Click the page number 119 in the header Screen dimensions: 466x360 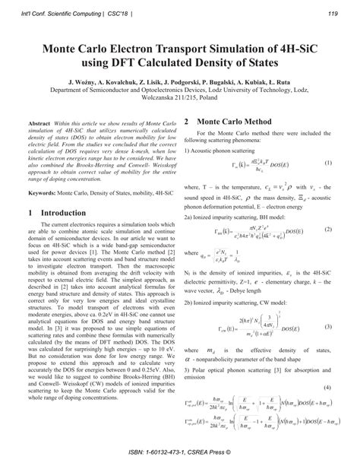(x=333, y=12)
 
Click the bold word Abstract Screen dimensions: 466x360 (x=39, y=122)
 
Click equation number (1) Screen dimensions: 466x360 (x=329, y=163)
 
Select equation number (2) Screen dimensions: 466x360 (x=329, y=229)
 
